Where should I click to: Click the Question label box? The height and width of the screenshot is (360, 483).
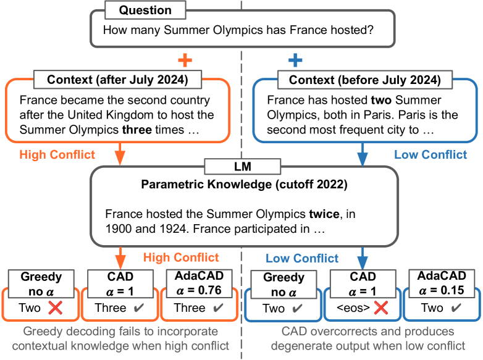click(145, 10)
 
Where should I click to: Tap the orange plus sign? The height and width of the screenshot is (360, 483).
click(185, 60)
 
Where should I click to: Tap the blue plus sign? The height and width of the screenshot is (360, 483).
click(295, 60)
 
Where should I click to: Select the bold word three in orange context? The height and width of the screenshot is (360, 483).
click(136, 130)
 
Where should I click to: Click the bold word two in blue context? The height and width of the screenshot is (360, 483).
click(381, 100)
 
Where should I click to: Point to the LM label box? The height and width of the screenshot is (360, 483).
click(243, 167)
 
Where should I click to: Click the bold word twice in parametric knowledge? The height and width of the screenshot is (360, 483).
click(324, 214)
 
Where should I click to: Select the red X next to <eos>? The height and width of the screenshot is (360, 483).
click(380, 308)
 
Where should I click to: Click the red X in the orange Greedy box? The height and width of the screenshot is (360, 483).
click(56, 308)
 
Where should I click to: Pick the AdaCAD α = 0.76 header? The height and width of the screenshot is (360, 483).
click(199, 283)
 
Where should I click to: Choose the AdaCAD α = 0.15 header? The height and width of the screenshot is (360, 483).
click(442, 283)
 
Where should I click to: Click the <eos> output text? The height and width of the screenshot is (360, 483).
click(353, 308)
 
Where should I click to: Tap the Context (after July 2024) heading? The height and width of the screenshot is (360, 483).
click(117, 80)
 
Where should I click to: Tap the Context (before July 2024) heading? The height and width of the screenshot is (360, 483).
click(364, 80)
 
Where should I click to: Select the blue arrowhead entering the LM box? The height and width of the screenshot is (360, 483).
click(362, 158)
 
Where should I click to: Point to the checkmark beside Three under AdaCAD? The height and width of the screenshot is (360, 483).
click(218, 308)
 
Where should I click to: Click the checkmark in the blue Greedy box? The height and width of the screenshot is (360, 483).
click(297, 308)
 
